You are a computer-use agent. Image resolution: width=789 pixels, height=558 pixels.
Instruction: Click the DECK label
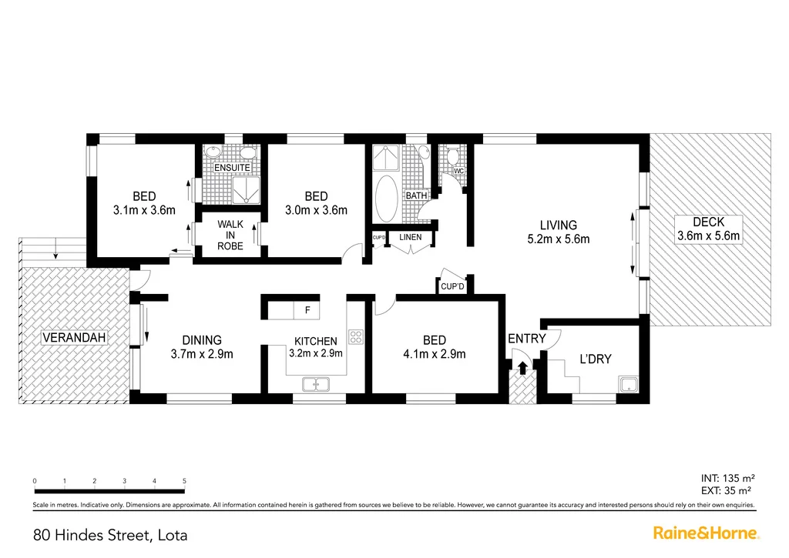(x=707, y=222)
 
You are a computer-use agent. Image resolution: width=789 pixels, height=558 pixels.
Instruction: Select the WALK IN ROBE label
(x=230, y=235)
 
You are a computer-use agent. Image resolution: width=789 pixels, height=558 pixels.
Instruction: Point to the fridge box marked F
(x=307, y=310)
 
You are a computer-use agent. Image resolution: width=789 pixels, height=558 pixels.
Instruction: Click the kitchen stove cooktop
(x=356, y=336)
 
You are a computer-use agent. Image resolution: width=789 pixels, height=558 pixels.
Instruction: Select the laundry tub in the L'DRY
(x=630, y=384)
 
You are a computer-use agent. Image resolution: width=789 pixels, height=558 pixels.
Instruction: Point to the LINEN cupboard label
(x=410, y=237)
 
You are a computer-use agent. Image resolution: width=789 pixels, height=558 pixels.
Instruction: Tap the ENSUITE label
(x=231, y=167)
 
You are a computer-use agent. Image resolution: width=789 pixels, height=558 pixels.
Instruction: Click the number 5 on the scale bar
(x=184, y=481)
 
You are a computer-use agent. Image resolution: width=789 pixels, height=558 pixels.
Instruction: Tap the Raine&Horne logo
(x=707, y=533)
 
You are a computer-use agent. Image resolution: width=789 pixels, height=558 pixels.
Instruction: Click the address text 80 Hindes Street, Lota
(x=110, y=534)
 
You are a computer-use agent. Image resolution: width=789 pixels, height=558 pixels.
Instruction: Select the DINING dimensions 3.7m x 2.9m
(x=202, y=354)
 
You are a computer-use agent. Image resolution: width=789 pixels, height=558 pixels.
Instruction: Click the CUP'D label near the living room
(x=452, y=286)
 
